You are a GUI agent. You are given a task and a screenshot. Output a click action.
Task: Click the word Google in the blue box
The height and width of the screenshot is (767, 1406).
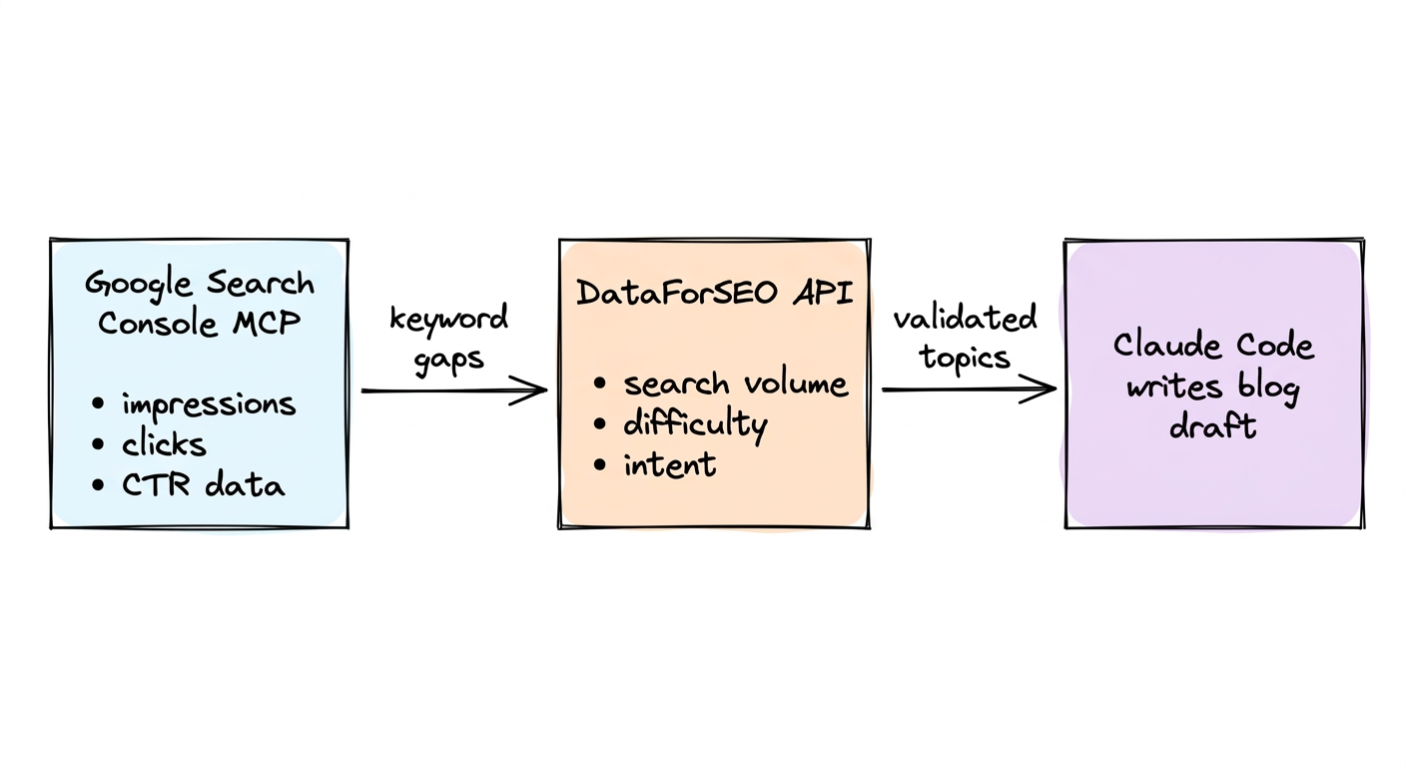[140, 286]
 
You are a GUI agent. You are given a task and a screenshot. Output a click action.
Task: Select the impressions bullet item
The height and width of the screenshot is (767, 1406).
[208, 404]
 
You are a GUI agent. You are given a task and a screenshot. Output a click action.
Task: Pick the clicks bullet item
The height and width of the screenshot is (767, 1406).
[164, 444]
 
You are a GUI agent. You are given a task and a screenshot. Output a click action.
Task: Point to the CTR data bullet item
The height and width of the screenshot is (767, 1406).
[203, 485]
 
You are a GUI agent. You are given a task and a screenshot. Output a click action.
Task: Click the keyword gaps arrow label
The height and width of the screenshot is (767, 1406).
[448, 340]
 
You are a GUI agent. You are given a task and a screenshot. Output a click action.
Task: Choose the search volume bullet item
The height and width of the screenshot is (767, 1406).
[735, 383]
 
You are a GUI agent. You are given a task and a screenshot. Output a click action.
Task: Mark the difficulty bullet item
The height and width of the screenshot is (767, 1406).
[695, 424]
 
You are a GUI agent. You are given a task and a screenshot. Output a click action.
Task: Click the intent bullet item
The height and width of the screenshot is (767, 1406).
[669, 464]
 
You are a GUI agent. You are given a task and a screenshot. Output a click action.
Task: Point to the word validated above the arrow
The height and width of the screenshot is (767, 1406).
[965, 320]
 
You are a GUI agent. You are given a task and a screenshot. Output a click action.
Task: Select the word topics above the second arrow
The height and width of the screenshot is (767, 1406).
[965, 358]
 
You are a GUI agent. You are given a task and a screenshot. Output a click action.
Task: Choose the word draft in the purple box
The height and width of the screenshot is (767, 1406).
[1212, 426]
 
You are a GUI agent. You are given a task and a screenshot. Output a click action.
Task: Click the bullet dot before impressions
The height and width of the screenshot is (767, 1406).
[98, 404]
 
